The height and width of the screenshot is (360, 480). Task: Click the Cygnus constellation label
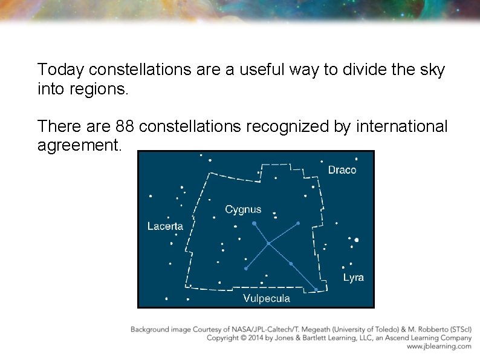(x=243, y=210)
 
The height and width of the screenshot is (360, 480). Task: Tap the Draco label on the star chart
(x=342, y=170)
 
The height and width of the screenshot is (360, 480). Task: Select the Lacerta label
(x=165, y=226)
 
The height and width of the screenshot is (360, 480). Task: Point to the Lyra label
(x=354, y=278)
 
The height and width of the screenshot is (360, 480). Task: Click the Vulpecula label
(x=266, y=298)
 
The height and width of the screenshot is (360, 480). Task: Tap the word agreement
(x=79, y=146)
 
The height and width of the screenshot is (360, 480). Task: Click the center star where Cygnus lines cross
(x=268, y=244)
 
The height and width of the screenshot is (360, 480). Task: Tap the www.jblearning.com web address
(x=439, y=347)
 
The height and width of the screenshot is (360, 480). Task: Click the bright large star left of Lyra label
(x=357, y=240)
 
